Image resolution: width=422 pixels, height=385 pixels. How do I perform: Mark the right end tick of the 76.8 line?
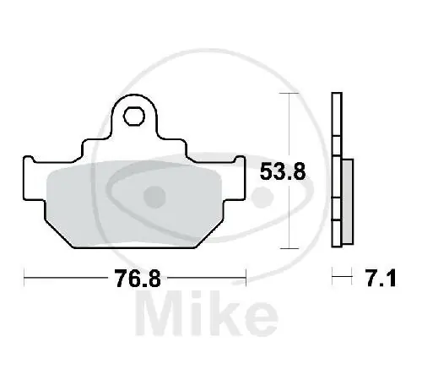click(246, 276)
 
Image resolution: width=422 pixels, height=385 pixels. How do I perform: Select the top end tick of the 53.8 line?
click(291, 94)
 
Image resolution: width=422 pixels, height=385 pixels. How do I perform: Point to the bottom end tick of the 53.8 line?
click(291, 248)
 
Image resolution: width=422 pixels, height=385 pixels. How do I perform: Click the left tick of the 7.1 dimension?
click(333, 276)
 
